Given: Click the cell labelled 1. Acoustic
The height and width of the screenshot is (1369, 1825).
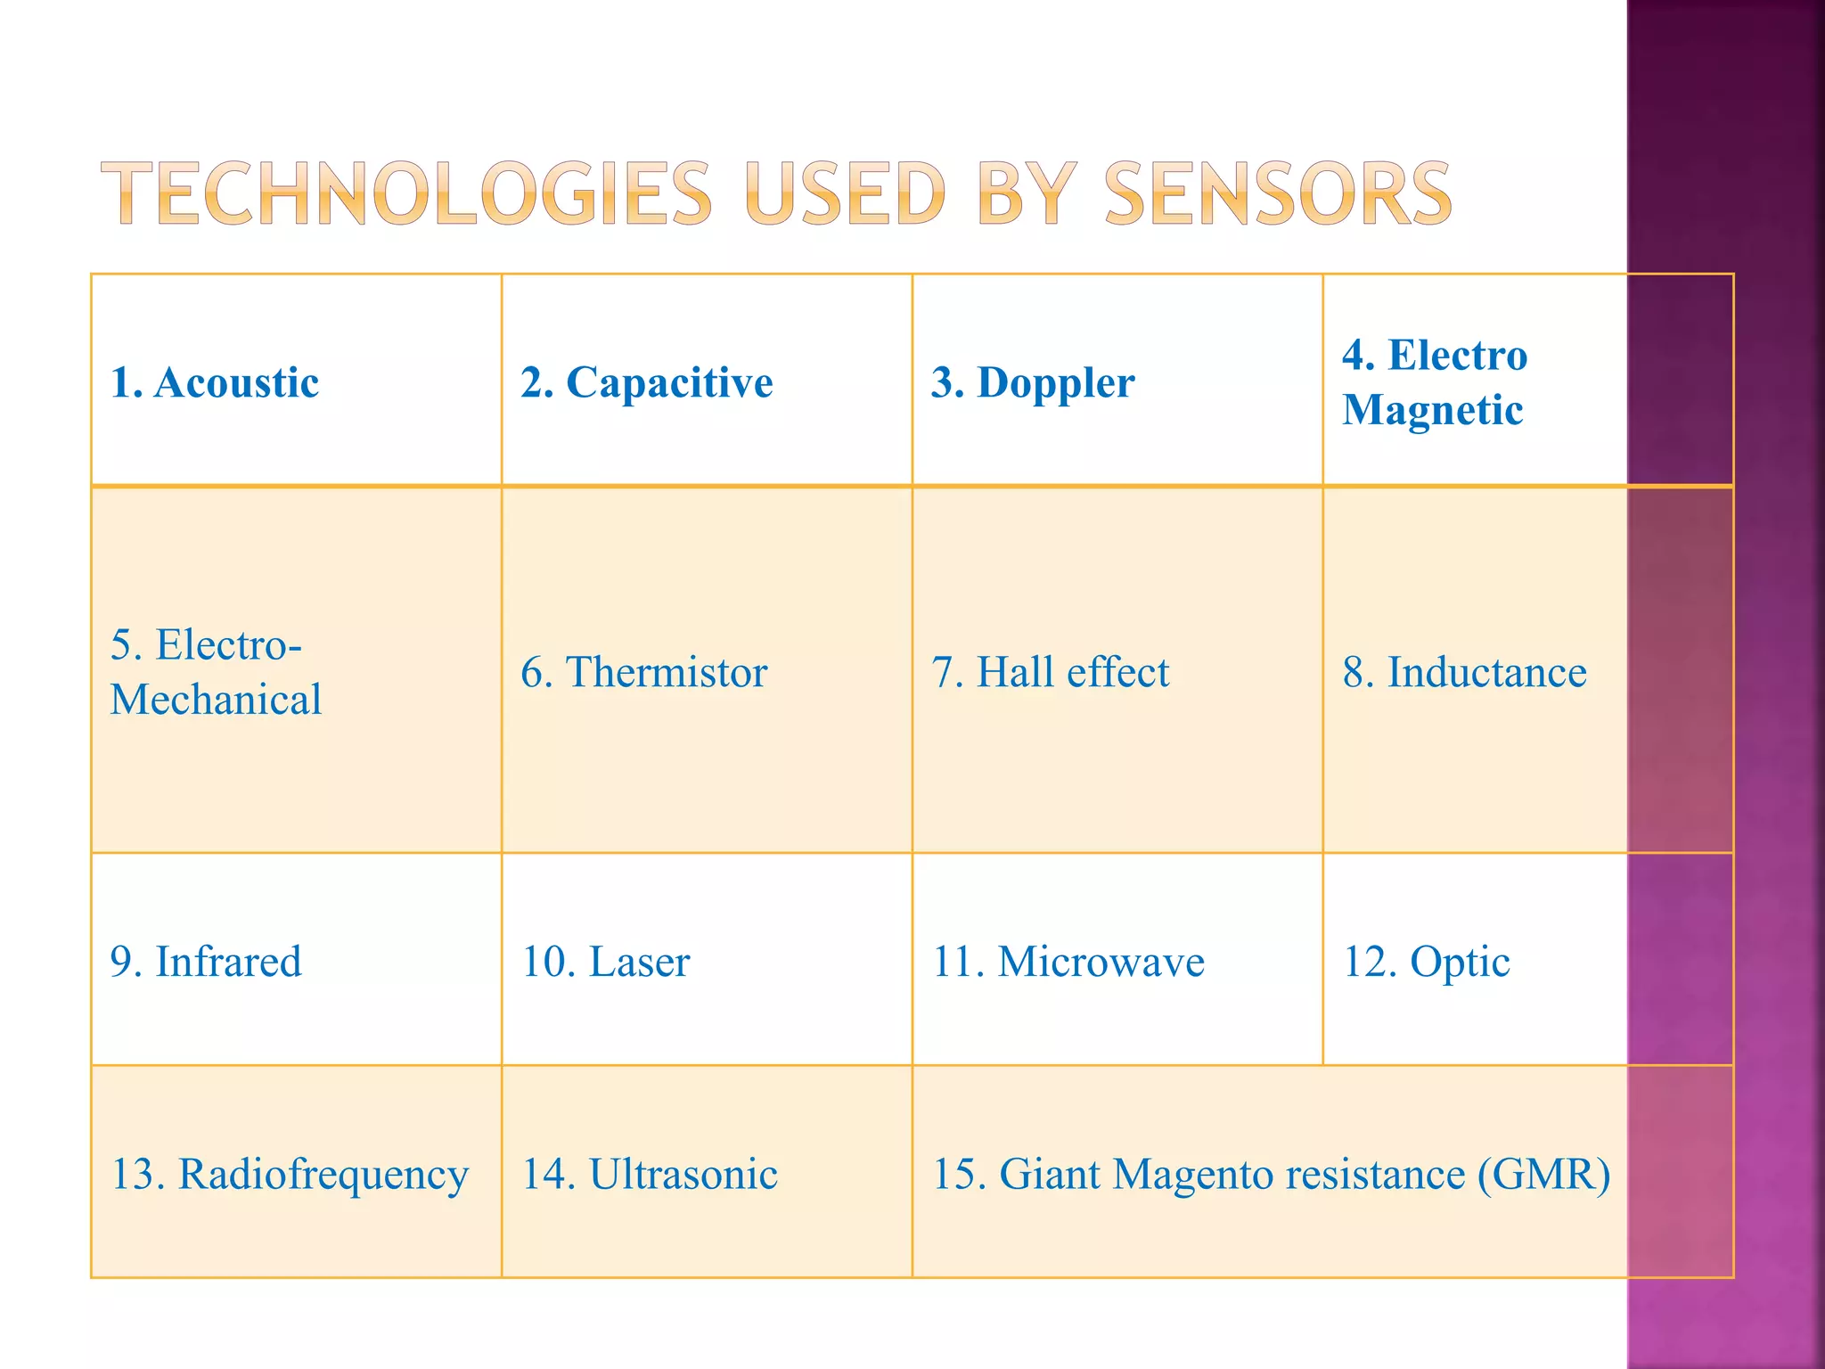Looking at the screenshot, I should tap(215, 382).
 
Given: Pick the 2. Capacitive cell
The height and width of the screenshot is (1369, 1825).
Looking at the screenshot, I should tap(647, 382).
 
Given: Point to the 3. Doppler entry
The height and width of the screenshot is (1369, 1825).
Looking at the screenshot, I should tap(1033, 382).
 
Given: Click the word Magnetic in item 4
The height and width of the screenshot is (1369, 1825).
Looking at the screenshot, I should tap(1433, 410).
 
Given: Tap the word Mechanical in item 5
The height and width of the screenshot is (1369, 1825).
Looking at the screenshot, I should tap(216, 700).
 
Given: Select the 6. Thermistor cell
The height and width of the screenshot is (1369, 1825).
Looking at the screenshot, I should tap(644, 672).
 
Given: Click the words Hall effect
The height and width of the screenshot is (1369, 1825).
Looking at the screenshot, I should tap(1073, 672).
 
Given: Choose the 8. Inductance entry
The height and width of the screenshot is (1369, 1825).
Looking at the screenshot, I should tap(1465, 672).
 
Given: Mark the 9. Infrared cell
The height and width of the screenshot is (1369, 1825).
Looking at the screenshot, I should tap(206, 962).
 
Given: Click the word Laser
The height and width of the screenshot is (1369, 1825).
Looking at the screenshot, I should tap(639, 962).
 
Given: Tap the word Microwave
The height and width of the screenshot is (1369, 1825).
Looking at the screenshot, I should tap(1101, 962).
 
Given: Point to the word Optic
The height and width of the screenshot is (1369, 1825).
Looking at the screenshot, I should tap(1460, 962).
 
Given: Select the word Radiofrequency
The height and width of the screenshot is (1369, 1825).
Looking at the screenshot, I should tap(323, 1175).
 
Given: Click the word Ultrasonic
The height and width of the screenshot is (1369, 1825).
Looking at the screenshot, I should tap(683, 1174).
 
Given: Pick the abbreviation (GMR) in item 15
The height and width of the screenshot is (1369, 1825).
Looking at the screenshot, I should tap(1543, 1174).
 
